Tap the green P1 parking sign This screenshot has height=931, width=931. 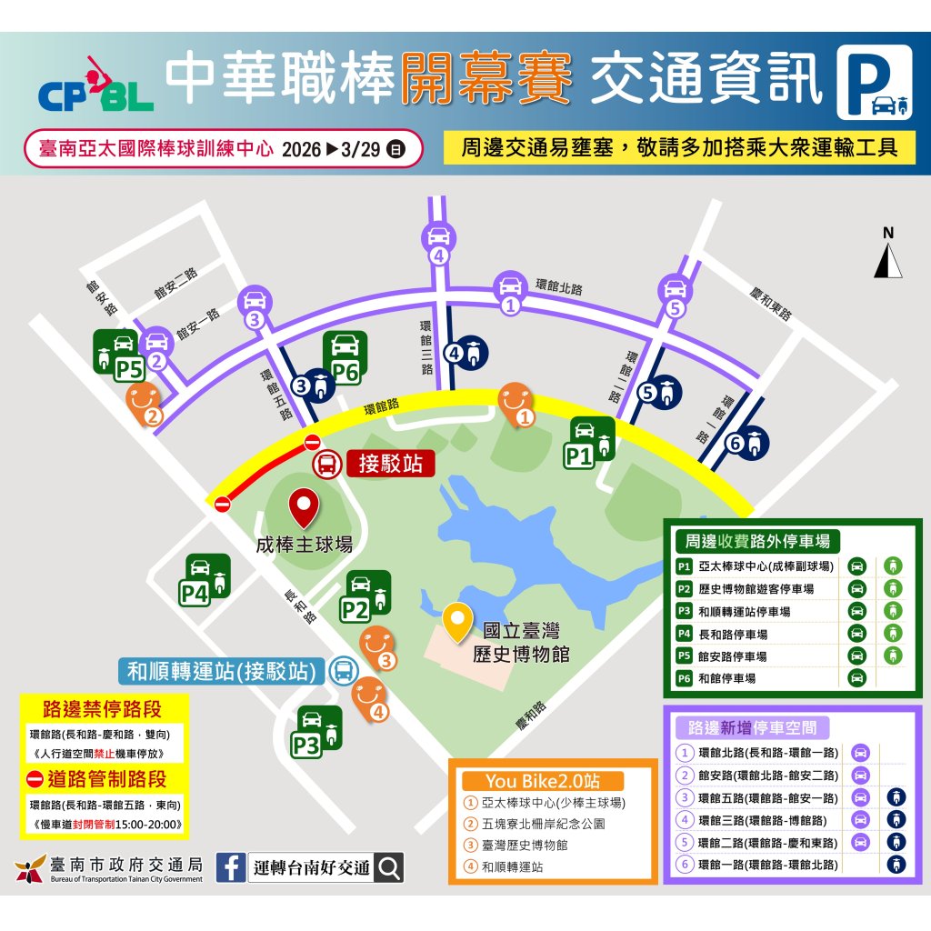pyautogui.click(x=591, y=443)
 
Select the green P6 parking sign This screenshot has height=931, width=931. pyautogui.click(x=345, y=356)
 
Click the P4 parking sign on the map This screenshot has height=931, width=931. pyautogui.click(x=206, y=580)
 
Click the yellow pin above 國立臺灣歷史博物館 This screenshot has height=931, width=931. pyautogui.click(x=456, y=623)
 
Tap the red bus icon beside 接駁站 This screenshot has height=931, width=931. pyautogui.click(x=325, y=465)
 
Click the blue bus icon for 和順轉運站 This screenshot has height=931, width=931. pyautogui.click(x=344, y=671)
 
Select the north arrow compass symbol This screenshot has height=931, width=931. pyautogui.click(x=888, y=255)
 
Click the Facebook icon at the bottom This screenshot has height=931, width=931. pyautogui.click(x=231, y=867)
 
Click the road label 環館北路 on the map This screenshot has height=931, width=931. pyautogui.click(x=559, y=287)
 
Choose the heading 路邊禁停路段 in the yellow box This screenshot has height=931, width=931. pyautogui.click(x=103, y=709)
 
